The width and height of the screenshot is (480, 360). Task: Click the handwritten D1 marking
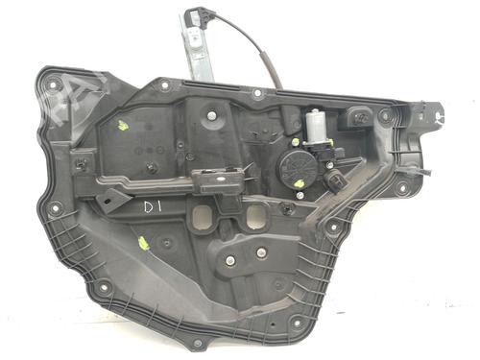tap(154, 206)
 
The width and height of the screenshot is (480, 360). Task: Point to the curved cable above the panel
tap(264, 58)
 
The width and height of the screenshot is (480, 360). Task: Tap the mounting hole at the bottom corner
tap(197, 343)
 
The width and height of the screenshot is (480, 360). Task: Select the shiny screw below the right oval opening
tap(260, 253)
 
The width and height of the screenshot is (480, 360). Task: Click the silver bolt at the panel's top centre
tap(209, 116)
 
